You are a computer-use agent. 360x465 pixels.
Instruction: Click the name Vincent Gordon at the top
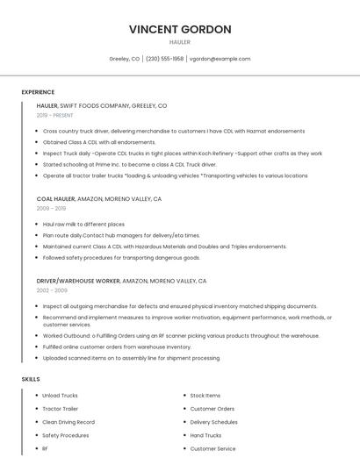[x=180, y=29]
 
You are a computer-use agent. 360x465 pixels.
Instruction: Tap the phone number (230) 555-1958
[x=164, y=59]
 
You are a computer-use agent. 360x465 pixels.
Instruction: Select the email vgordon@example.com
[x=220, y=59]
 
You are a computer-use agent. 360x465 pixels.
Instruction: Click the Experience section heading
[x=38, y=91]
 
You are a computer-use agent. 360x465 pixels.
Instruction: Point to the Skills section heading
[x=30, y=379]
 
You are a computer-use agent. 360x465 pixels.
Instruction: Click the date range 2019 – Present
[x=55, y=115]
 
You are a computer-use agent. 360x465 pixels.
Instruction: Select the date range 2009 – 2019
[x=51, y=208]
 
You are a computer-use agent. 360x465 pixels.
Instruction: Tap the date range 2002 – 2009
[x=52, y=290]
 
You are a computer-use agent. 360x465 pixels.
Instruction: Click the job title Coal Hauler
[x=55, y=199]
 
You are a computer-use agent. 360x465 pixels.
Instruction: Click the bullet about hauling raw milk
[x=83, y=224]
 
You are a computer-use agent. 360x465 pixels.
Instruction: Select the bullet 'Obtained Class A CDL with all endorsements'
[x=99, y=141]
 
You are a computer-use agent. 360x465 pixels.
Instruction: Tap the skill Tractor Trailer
[x=60, y=409]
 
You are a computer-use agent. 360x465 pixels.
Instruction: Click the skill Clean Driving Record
[x=68, y=422]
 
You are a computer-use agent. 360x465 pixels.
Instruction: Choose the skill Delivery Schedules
[x=213, y=422]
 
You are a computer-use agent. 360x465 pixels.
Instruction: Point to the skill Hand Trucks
[x=205, y=435]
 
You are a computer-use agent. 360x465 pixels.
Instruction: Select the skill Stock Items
[x=205, y=396]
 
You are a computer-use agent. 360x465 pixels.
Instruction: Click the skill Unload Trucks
[x=60, y=396]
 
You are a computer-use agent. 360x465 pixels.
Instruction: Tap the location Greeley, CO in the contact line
[x=124, y=59]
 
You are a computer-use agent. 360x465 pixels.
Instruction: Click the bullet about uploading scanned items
[x=131, y=358]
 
